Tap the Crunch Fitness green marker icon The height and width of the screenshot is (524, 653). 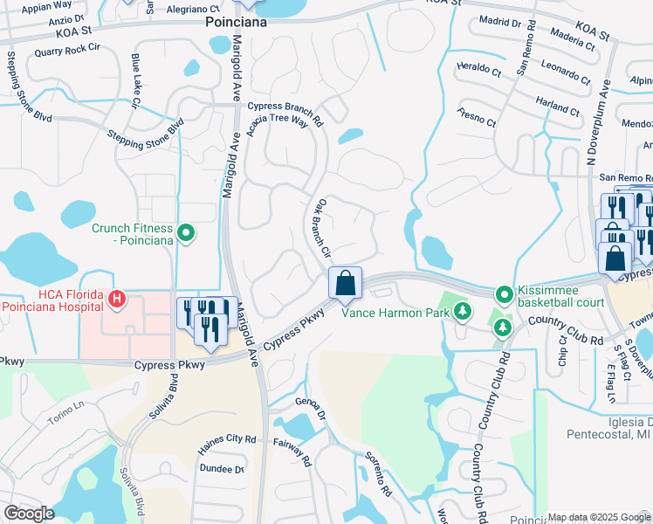185,233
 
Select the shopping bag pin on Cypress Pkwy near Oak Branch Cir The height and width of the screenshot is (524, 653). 345,283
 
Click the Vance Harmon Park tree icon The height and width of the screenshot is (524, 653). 462,311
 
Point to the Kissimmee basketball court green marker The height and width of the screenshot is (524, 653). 503,294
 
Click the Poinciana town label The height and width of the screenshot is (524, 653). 237,23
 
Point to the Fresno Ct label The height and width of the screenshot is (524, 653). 477,118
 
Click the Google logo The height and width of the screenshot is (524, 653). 29,514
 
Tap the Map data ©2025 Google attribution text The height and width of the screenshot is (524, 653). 598,517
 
